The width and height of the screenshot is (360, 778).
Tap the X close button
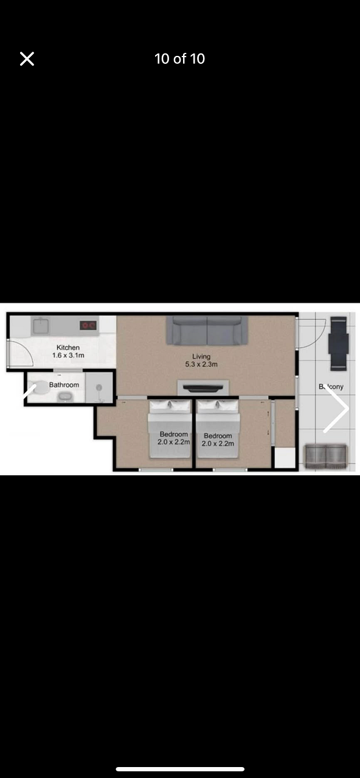27,59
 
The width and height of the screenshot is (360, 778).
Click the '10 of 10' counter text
179,59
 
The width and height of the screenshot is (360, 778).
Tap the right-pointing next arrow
336,408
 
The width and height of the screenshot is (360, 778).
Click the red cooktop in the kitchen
88,325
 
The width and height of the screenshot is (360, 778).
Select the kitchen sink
41,326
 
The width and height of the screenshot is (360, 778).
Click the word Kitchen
68,347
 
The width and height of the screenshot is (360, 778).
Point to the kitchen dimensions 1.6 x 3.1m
68,356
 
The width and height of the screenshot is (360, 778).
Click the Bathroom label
64,385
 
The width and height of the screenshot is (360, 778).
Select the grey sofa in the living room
207,330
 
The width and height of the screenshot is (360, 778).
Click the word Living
201,356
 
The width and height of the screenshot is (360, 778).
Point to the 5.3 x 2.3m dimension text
201,364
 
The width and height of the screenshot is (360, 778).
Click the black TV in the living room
203,388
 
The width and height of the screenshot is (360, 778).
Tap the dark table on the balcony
339,343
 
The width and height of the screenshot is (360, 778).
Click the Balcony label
331,387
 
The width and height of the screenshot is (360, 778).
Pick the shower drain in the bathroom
99,387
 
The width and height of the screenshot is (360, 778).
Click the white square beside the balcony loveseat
285,458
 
